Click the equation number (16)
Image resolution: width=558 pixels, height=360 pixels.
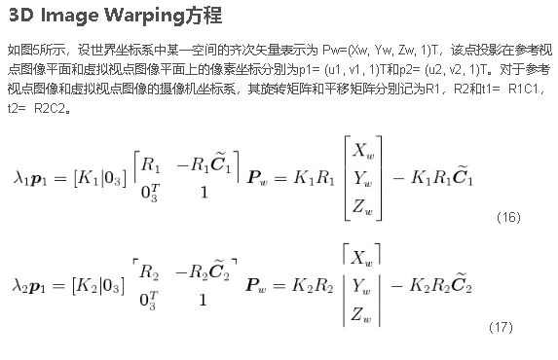[508, 217]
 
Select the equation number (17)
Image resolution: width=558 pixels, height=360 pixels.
[500, 327]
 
